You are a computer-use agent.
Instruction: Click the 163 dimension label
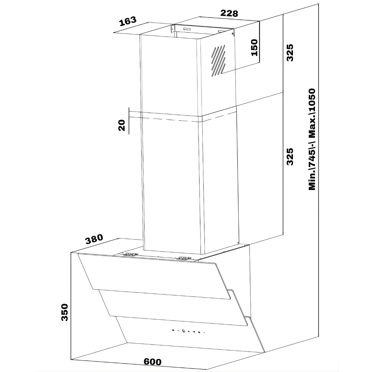pos(128,21)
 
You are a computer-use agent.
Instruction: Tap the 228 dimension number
pos(229,14)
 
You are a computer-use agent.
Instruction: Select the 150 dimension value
pos(255,48)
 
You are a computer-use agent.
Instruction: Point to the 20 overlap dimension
pos(122,125)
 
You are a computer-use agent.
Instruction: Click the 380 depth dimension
pos(94,239)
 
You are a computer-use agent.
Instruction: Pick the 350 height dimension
pos(64,312)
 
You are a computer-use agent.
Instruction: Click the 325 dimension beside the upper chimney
pos(290,53)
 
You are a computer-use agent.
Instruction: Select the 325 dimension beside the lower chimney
pos(290,157)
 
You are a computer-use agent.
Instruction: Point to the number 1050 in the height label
pos(312,102)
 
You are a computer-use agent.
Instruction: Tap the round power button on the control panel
pos(173,330)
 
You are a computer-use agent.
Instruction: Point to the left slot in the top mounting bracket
pos(187,29)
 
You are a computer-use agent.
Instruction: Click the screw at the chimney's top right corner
pos(232,33)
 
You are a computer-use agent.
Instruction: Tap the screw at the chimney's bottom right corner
pos(238,243)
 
